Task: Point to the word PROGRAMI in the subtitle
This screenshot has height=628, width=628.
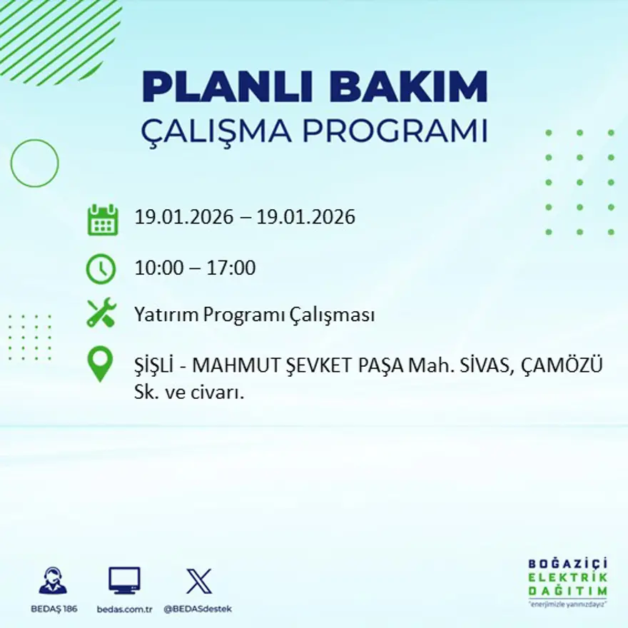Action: [395, 131]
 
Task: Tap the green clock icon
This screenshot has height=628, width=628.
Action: [101, 268]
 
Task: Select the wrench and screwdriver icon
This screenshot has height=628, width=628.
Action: [101, 313]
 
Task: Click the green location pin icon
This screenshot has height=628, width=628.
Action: [101, 363]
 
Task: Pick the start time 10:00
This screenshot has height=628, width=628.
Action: [157, 268]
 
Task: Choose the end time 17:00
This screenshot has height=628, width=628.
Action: [231, 268]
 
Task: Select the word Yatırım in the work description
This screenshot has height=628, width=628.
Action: [166, 315]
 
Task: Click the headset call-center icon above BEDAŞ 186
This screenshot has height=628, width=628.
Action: [53, 580]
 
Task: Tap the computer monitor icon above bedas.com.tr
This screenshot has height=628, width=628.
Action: [124, 580]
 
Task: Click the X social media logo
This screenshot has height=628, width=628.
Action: [198, 580]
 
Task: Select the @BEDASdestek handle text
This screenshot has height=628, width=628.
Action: [198, 609]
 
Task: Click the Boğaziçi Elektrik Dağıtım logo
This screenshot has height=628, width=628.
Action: [567, 582]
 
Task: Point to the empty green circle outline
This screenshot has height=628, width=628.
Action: [34, 163]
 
